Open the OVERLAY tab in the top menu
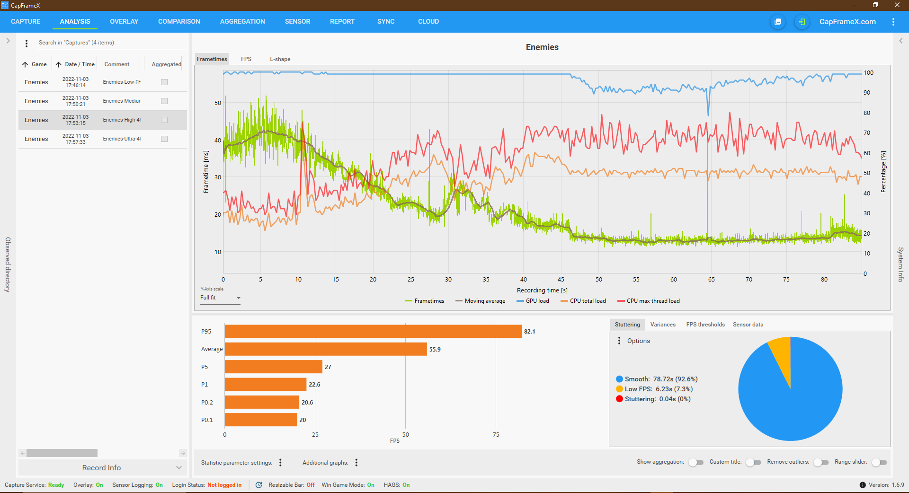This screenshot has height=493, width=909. click(x=124, y=21)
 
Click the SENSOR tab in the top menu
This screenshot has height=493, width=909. click(x=297, y=21)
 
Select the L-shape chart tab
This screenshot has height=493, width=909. click(x=280, y=59)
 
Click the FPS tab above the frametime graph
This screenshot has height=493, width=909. click(x=246, y=59)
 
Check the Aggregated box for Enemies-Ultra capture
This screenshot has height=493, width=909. click(x=164, y=139)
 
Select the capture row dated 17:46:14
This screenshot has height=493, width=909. click(x=76, y=82)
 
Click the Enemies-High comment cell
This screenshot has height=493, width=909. click(x=122, y=120)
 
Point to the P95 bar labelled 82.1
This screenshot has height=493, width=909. click(x=373, y=331)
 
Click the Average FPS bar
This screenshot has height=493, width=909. click(x=326, y=349)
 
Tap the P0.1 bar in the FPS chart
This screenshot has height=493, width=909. click(x=261, y=420)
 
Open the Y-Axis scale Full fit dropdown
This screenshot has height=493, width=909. click(x=221, y=298)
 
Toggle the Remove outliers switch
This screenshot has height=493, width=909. click(x=821, y=462)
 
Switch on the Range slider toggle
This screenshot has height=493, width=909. click(x=879, y=462)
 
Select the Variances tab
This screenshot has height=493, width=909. click(x=663, y=325)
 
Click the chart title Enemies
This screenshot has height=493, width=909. click(x=542, y=47)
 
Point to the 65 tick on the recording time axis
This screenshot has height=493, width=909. click(x=712, y=280)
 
